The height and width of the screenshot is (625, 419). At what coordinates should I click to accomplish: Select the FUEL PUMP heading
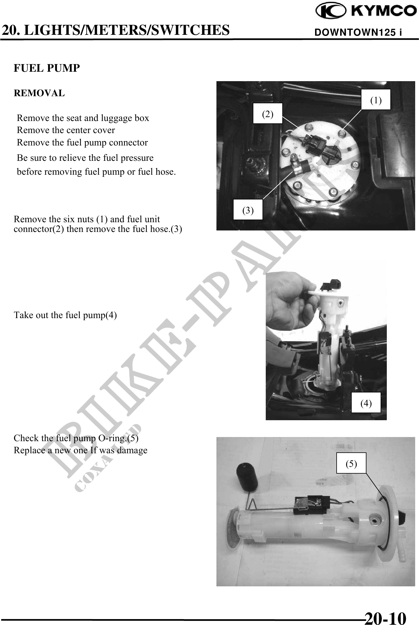pos(47,68)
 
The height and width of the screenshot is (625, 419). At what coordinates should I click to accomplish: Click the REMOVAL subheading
pos(39,93)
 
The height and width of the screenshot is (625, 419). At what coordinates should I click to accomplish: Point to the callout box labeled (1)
pos(376,99)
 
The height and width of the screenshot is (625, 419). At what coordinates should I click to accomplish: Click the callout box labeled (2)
pos(268,114)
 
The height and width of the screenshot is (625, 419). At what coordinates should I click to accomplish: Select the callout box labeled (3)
pos(248,210)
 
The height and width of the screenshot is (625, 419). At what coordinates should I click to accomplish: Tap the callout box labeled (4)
pos(366,403)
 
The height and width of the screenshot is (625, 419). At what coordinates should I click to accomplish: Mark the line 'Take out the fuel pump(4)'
pos(65,315)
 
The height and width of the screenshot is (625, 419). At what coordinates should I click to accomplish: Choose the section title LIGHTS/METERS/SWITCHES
pos(126,30)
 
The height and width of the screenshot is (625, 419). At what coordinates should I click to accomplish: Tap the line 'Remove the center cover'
pos(66,130)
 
